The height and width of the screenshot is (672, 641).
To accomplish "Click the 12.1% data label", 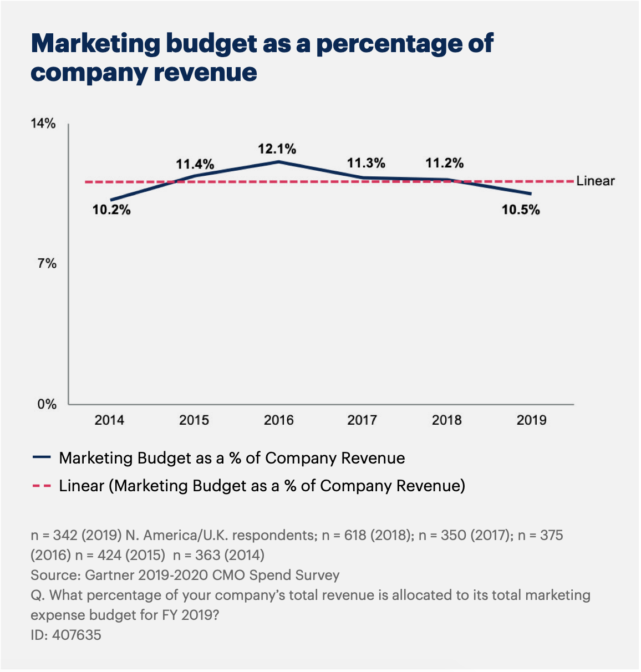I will click(277, 149).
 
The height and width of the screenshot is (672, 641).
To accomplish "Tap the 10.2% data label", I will click(111, 210).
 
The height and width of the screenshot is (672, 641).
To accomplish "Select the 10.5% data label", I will click(521, 210).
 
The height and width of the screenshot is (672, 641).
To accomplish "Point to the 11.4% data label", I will click(195, 164).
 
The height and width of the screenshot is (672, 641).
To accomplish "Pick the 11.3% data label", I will click(366, 163).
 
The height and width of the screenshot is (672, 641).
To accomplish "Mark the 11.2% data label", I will click(445, 163).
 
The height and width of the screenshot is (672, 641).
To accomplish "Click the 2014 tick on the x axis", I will click(109, 420).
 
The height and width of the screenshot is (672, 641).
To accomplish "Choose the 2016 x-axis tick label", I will click(278, 420).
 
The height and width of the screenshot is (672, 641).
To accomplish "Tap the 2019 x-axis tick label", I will click(531, 420).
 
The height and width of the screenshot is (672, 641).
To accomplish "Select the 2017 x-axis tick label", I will click(362, 420).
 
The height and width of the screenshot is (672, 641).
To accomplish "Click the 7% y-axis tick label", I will click(47, 264).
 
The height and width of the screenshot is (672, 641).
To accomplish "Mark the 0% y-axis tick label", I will click(47, 405).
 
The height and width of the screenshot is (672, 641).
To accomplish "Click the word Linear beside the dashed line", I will click(596, 181).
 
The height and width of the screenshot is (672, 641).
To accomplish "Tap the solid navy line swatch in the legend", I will click(42, 457).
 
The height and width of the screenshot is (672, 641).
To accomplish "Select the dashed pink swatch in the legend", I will click(42, 486).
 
